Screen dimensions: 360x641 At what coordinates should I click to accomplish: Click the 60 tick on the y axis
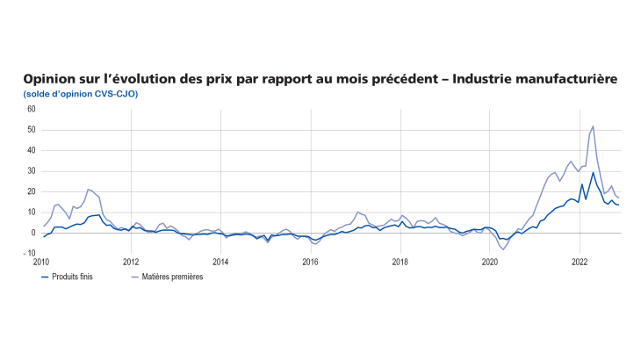(31, 109)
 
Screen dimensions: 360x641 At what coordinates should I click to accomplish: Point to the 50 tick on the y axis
(31, 130)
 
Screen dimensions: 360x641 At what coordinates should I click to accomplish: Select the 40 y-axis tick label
(31, 150)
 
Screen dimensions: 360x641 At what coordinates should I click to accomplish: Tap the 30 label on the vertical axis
(31, 171)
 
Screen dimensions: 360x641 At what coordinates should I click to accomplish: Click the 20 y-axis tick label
(31, 191)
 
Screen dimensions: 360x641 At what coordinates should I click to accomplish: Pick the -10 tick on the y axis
(30, 254)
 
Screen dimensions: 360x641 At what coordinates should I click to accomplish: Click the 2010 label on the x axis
(41, 262)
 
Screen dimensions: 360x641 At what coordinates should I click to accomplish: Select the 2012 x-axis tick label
(131, 262)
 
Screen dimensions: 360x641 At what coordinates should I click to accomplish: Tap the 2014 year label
(220, 262)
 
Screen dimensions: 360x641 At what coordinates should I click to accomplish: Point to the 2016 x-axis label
(310, 262)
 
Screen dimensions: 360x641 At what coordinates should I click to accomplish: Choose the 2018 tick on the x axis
(400, 262)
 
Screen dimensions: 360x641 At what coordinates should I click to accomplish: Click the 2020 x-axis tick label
(489, 262)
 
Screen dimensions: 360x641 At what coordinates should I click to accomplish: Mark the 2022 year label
(579, 262)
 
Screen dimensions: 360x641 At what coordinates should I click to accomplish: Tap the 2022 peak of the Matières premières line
(594, 126)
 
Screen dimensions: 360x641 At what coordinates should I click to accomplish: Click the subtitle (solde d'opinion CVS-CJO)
(80, 94)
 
